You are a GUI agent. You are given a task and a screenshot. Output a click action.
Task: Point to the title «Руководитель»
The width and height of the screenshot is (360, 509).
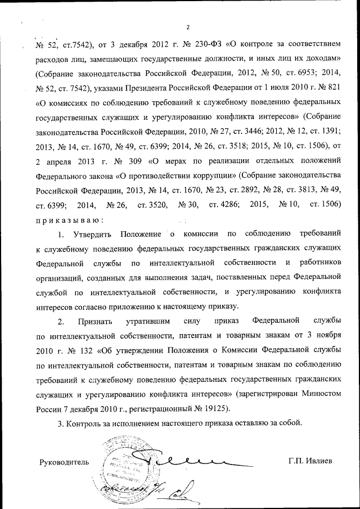(64, 462)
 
